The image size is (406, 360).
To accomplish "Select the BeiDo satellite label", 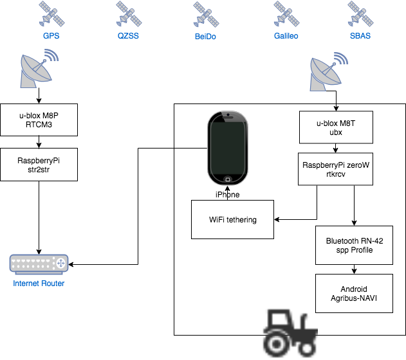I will click(x=205, y=37).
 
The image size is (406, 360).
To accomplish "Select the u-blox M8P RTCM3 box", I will click(x=39, y=120).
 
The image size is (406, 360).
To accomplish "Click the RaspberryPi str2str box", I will click(x=39, y=165).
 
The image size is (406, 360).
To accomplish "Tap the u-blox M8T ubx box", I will click(x=337, y=127).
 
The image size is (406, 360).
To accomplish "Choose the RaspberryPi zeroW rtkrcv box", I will click(x=335, y=169).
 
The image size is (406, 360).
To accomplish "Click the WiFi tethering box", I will click(x=233, y=220).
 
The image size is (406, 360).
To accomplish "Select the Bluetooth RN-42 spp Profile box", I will click(x=354, y=245).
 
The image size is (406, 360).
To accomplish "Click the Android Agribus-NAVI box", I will click(x=354, y=294).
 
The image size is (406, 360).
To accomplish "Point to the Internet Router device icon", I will click(x=39, y=264).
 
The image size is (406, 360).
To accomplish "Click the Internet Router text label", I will click(x=39, y=283).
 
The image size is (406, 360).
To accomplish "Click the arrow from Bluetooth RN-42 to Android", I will click(x=354, y=269).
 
